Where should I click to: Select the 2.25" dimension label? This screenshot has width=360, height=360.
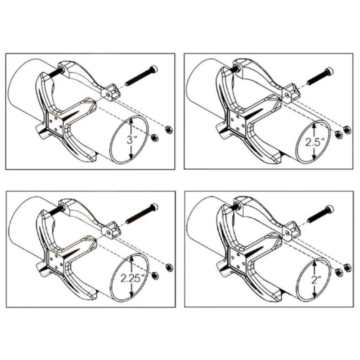click(x=133, y=279)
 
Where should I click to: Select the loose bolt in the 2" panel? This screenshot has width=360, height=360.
click(x=320, y=214)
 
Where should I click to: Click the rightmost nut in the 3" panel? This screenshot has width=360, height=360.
click(x=169, y=130)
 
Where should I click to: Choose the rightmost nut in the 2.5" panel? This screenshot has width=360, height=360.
click(x=347, y=130)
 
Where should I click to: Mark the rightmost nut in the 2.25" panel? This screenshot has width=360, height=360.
click(x=170, y=268)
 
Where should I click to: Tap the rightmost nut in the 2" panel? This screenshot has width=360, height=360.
click(x=347, y=268)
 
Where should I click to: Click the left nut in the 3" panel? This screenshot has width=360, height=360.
click(x=154, y=138)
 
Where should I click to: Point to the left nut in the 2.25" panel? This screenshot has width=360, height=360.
click(x=155, y=275)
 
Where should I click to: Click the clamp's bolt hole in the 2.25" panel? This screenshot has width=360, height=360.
click(x=108, y=232)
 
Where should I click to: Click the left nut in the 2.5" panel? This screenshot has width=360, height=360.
click(x=338, y=135)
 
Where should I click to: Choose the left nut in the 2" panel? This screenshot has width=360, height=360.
click(x=338, y=273)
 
